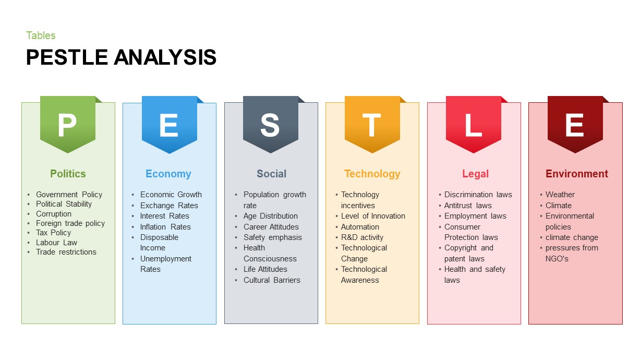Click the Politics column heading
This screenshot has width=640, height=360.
coord(68,174)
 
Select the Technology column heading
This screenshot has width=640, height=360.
coord(372,174)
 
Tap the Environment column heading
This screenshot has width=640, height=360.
coord(576,174)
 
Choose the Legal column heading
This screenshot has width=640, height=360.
coord(475,174)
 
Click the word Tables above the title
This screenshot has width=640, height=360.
coord(41,35)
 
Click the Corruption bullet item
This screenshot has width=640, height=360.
coord(53,214)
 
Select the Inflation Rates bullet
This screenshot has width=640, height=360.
coord(165,227)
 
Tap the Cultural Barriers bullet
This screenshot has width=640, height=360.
coord(272,280)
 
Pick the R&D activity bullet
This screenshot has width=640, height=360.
coord(362,237)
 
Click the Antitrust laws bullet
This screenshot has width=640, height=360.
coord(468,206)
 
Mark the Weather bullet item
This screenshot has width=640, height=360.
coord(560,195)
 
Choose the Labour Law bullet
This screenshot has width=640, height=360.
coord(56,243)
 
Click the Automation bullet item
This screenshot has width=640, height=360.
coord(360,227)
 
